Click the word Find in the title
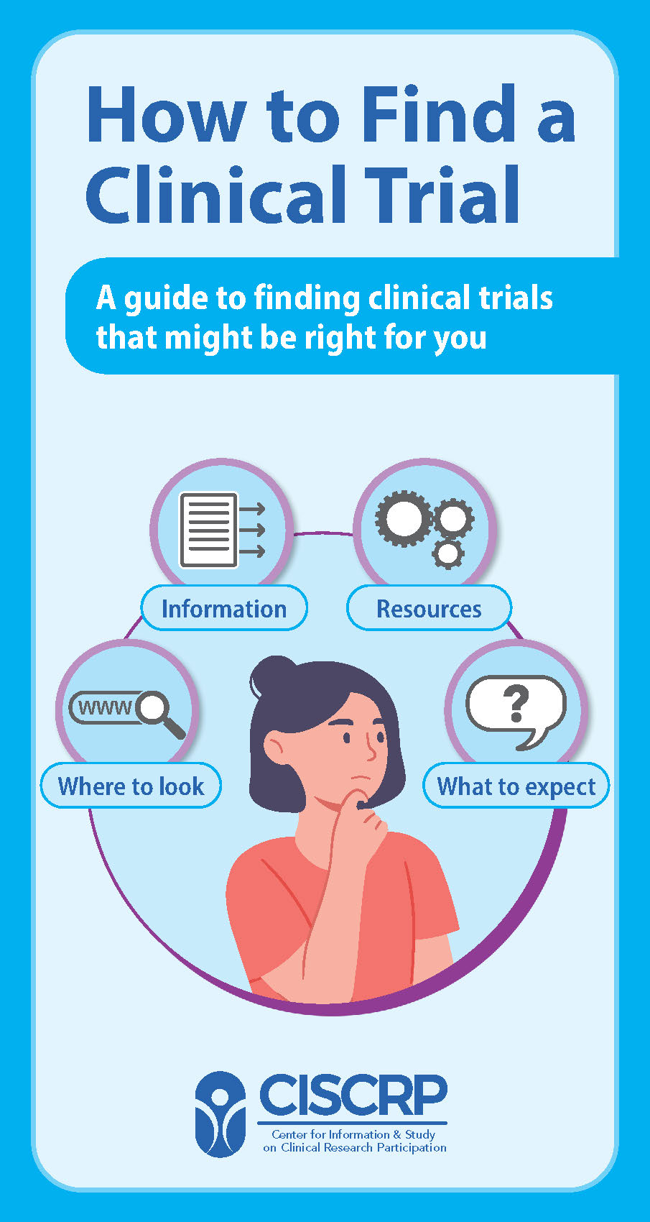438,115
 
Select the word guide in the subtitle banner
170,298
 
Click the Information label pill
224,609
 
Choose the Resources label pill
429,609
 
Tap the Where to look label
131,786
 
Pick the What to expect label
516,786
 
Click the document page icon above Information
208,529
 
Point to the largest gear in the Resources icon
403,518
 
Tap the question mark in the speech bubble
516,704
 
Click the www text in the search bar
105,708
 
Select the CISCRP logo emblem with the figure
221,1114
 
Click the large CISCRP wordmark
353,1094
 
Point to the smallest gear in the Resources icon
449,553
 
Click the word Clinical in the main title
208,194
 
